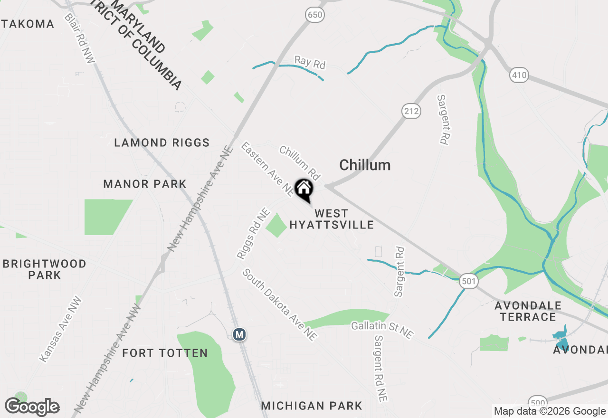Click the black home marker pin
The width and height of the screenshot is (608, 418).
[x=304, y=189]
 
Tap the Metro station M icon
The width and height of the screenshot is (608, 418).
[x=240, y=334]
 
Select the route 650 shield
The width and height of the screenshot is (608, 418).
[x=315, y=15]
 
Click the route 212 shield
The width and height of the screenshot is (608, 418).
[x=411, y=112]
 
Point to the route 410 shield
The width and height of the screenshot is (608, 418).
[x=519, y=75]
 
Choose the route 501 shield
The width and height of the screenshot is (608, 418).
[x=468, y=282]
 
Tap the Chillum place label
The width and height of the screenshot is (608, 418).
[x=365, y=165]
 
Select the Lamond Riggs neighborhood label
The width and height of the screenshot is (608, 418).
[x=162, y=142]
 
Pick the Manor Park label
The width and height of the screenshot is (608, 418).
[x=145, y=184]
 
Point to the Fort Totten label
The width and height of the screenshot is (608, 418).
[x=165, y=353]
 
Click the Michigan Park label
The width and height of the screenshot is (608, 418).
[x=312, y=406]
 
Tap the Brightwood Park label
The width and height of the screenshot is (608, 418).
[x=45, y=269]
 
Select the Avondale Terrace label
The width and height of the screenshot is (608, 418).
[x=528, y=311]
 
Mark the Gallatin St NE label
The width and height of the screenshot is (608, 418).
[x=382, y=329]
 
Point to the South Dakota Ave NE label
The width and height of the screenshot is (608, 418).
[x=280, y=304]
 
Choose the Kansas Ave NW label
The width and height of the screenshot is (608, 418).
[x=61, y=330]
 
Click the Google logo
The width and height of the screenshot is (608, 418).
[x=32, y=407]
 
